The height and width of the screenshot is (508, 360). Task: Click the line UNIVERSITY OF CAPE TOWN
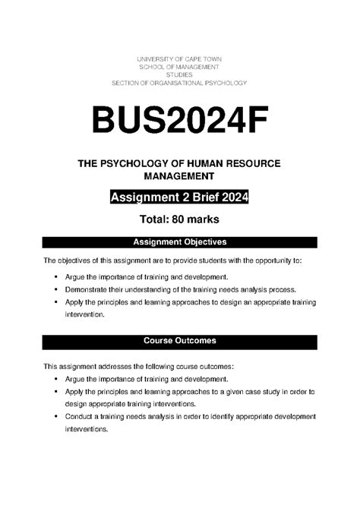(x=179, y=59)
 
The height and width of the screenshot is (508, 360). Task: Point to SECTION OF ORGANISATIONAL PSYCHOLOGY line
(x=179, y=82)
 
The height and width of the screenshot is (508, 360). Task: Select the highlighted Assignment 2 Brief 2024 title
(x=179, y=199)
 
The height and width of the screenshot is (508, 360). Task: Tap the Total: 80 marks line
(x=179, y=220)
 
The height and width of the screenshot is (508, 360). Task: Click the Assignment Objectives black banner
(x=179, y=242)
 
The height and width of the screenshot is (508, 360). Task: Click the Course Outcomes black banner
(x=179, y=341)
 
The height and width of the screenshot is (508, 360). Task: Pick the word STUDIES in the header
(x=179, y=74)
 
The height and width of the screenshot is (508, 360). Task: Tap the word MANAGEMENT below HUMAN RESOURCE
(x=179, y=177)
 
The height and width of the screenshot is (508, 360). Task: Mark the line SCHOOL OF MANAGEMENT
(x=179, y=67)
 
